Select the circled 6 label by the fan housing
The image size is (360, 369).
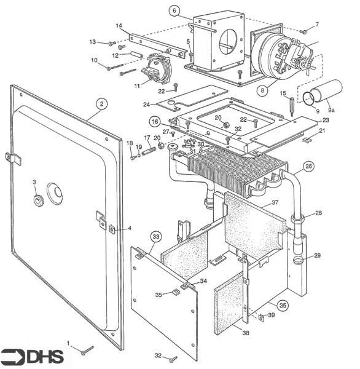(174, 10)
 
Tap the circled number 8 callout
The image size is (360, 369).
(262, 90)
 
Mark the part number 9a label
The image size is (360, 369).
(332, 109)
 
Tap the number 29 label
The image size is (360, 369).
(318, 255)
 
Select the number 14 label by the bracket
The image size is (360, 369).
(119, 25)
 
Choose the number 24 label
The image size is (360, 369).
(146, 104)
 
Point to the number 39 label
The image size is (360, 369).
(272, 314)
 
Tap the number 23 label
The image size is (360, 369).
(326, 120)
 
